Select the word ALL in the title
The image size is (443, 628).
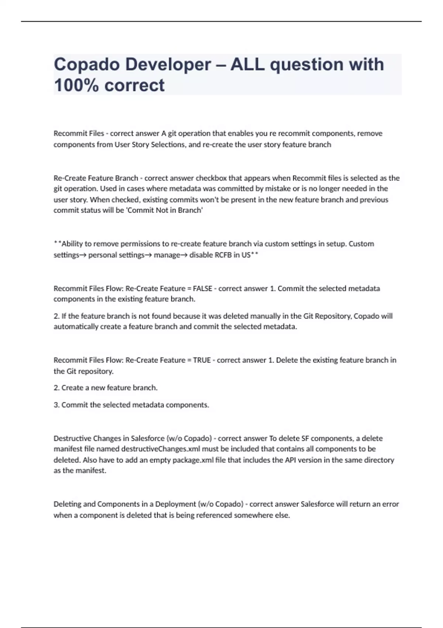(x=247, y=65)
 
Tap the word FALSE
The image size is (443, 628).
(x=202, y=289)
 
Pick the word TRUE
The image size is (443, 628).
(x=202, y=360)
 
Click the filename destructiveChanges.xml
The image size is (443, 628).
(x=161, y=449)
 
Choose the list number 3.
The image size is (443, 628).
(x=56, y=405)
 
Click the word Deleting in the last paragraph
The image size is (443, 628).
(x=67, y=504)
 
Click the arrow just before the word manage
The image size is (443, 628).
(x=149, y=255)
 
